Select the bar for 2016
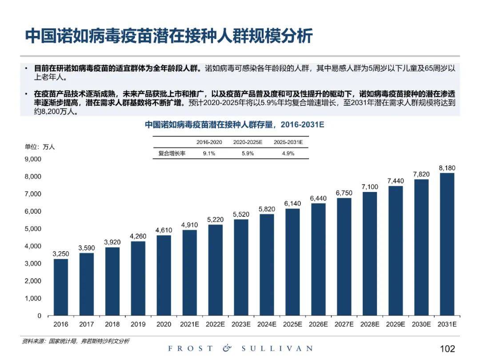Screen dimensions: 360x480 pyautogui.click(x=61, y=287)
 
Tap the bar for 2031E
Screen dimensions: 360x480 pyautogui.click(x=447, y=244)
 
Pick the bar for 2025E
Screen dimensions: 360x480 pyautogui.click(x=292, y=262)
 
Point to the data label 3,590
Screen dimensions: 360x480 pyautogui.click(x=87, y=248)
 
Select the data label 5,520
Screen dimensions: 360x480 pyautogui.click(x=241, y=214)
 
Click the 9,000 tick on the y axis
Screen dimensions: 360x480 pyautogui.click(x=32, y=159)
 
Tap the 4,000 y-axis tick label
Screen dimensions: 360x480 pyautogui.click(x=32, y=246)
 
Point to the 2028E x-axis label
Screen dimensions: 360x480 pyautogui.click(x=370, y=324)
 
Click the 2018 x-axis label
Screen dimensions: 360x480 pyautogui.click(x=112, y=324)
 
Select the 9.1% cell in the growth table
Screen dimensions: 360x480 pyautogui.click(x=209, y=153)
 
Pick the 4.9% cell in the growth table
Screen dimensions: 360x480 pyautogui.click(x=288, y=153)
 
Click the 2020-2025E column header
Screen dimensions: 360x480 pyautogui.click(x=248, y=142)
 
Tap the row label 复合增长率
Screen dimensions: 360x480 pyautogui.click(x=172, y=153)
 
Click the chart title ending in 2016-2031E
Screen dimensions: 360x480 pyautogui.click(x=235, y=124)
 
